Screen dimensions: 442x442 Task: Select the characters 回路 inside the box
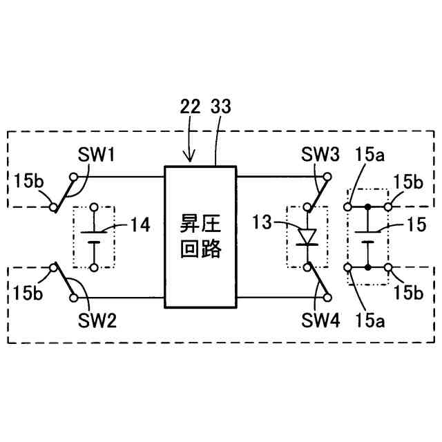click(200, 248)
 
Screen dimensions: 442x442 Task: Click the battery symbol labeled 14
click(94, 237)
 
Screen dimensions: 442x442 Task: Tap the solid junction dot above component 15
click(368, 206)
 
